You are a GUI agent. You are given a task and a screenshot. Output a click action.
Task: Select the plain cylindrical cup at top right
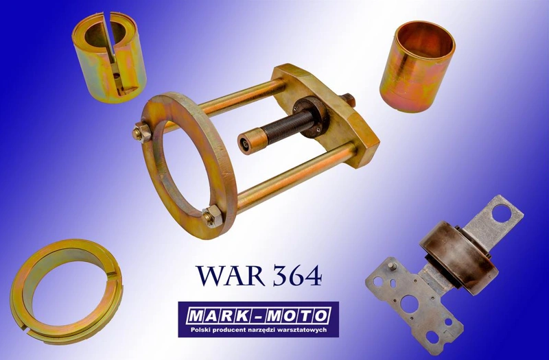click(417, 65)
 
